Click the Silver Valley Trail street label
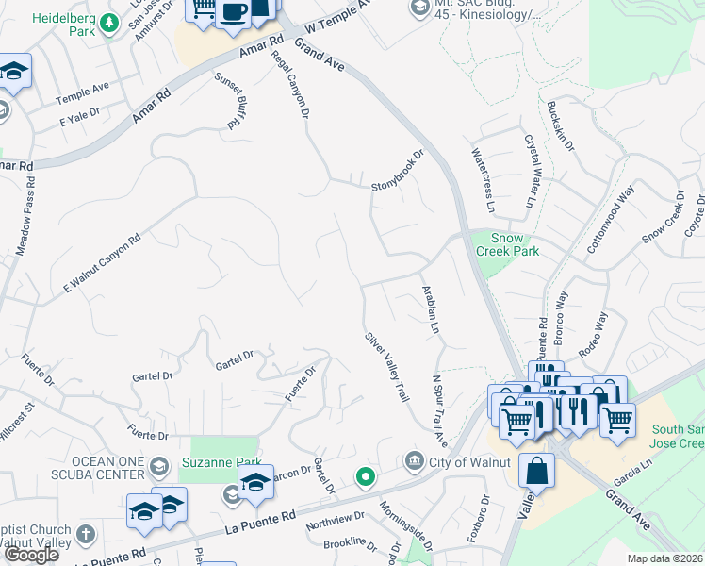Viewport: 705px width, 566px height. pos(386,367)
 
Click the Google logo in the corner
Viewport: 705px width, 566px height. pos(32,555)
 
